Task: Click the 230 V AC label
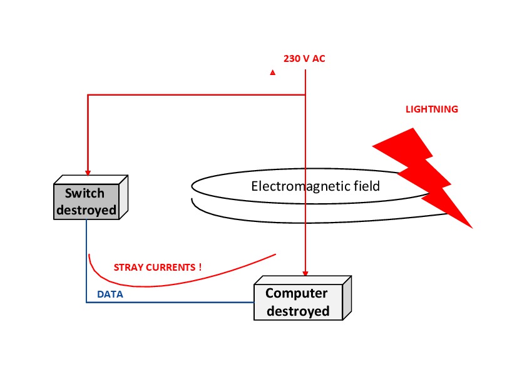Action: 304,59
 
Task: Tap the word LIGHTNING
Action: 431,109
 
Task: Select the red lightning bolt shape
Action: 426,176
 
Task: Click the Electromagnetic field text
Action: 315,186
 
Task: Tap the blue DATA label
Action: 110,294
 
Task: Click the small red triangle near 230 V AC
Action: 273,73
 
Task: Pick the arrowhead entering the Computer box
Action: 305,273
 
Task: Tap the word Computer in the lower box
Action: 297,293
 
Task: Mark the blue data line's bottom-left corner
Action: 86,303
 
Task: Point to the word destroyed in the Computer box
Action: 298,311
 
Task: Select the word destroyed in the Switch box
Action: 86,210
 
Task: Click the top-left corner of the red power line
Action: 88,95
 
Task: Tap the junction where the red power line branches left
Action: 305,95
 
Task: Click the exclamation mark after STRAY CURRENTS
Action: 200,267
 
